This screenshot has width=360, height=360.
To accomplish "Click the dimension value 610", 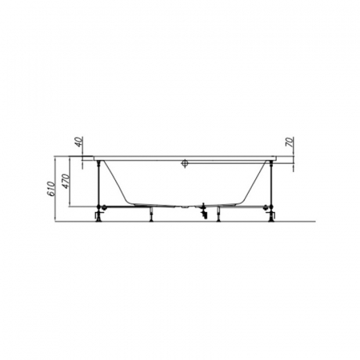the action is point(51,189).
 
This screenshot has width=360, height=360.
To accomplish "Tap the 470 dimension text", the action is point(66,181).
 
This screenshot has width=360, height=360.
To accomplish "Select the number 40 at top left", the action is point(79,142).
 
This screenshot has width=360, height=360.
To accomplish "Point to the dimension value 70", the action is point(289,142).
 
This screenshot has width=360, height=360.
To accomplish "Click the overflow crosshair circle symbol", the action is point(185,163).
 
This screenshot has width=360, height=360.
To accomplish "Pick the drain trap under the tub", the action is point(204,211).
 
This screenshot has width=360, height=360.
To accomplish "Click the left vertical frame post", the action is point(99,183).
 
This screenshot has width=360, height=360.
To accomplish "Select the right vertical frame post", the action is point(271,183).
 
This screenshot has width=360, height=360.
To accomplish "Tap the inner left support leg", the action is point(151,214).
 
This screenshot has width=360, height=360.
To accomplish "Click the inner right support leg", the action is point(219,214).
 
